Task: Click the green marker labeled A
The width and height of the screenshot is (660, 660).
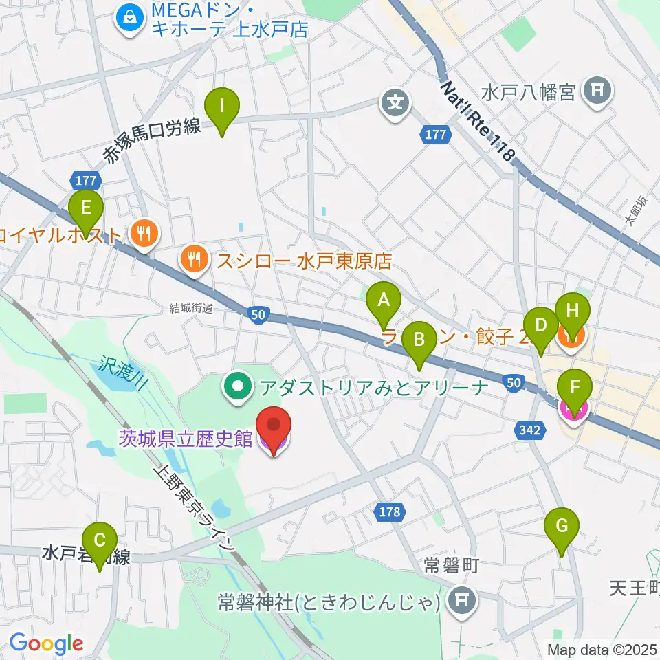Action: [384, 301]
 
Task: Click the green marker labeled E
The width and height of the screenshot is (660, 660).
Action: [86, 208]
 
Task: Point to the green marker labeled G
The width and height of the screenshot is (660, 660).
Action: [562, 527]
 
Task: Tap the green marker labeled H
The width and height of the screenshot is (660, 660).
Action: [573, 311]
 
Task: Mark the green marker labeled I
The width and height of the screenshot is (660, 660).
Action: [221, 108]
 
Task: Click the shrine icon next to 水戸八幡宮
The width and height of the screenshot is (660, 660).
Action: [596, 91]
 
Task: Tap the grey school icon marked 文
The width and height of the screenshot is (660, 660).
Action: [396, 104]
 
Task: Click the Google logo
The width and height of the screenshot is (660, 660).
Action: [46, 643]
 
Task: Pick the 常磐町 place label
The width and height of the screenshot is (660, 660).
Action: [451, 566]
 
